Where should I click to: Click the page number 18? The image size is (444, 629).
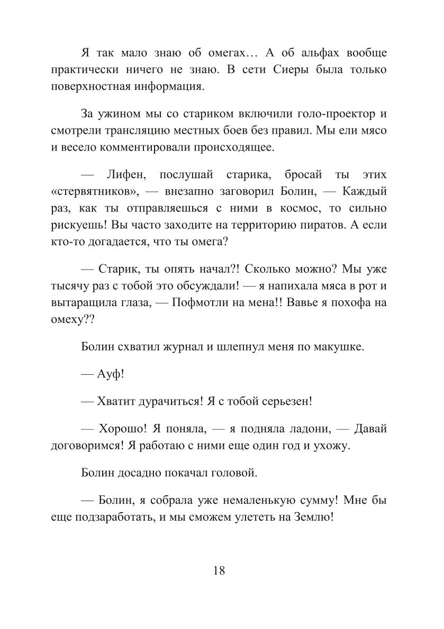220,570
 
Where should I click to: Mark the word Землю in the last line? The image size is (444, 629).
313,519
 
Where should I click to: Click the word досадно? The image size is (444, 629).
148,473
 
